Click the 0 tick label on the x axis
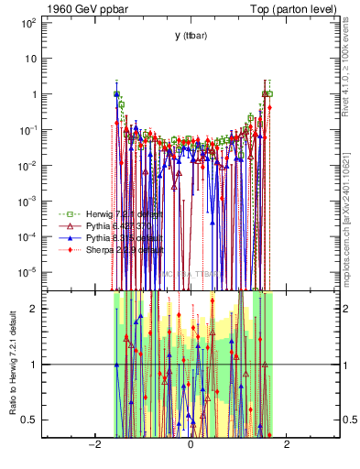[190, 445]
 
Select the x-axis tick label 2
[287, 445]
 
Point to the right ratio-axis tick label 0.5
[349, 420]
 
